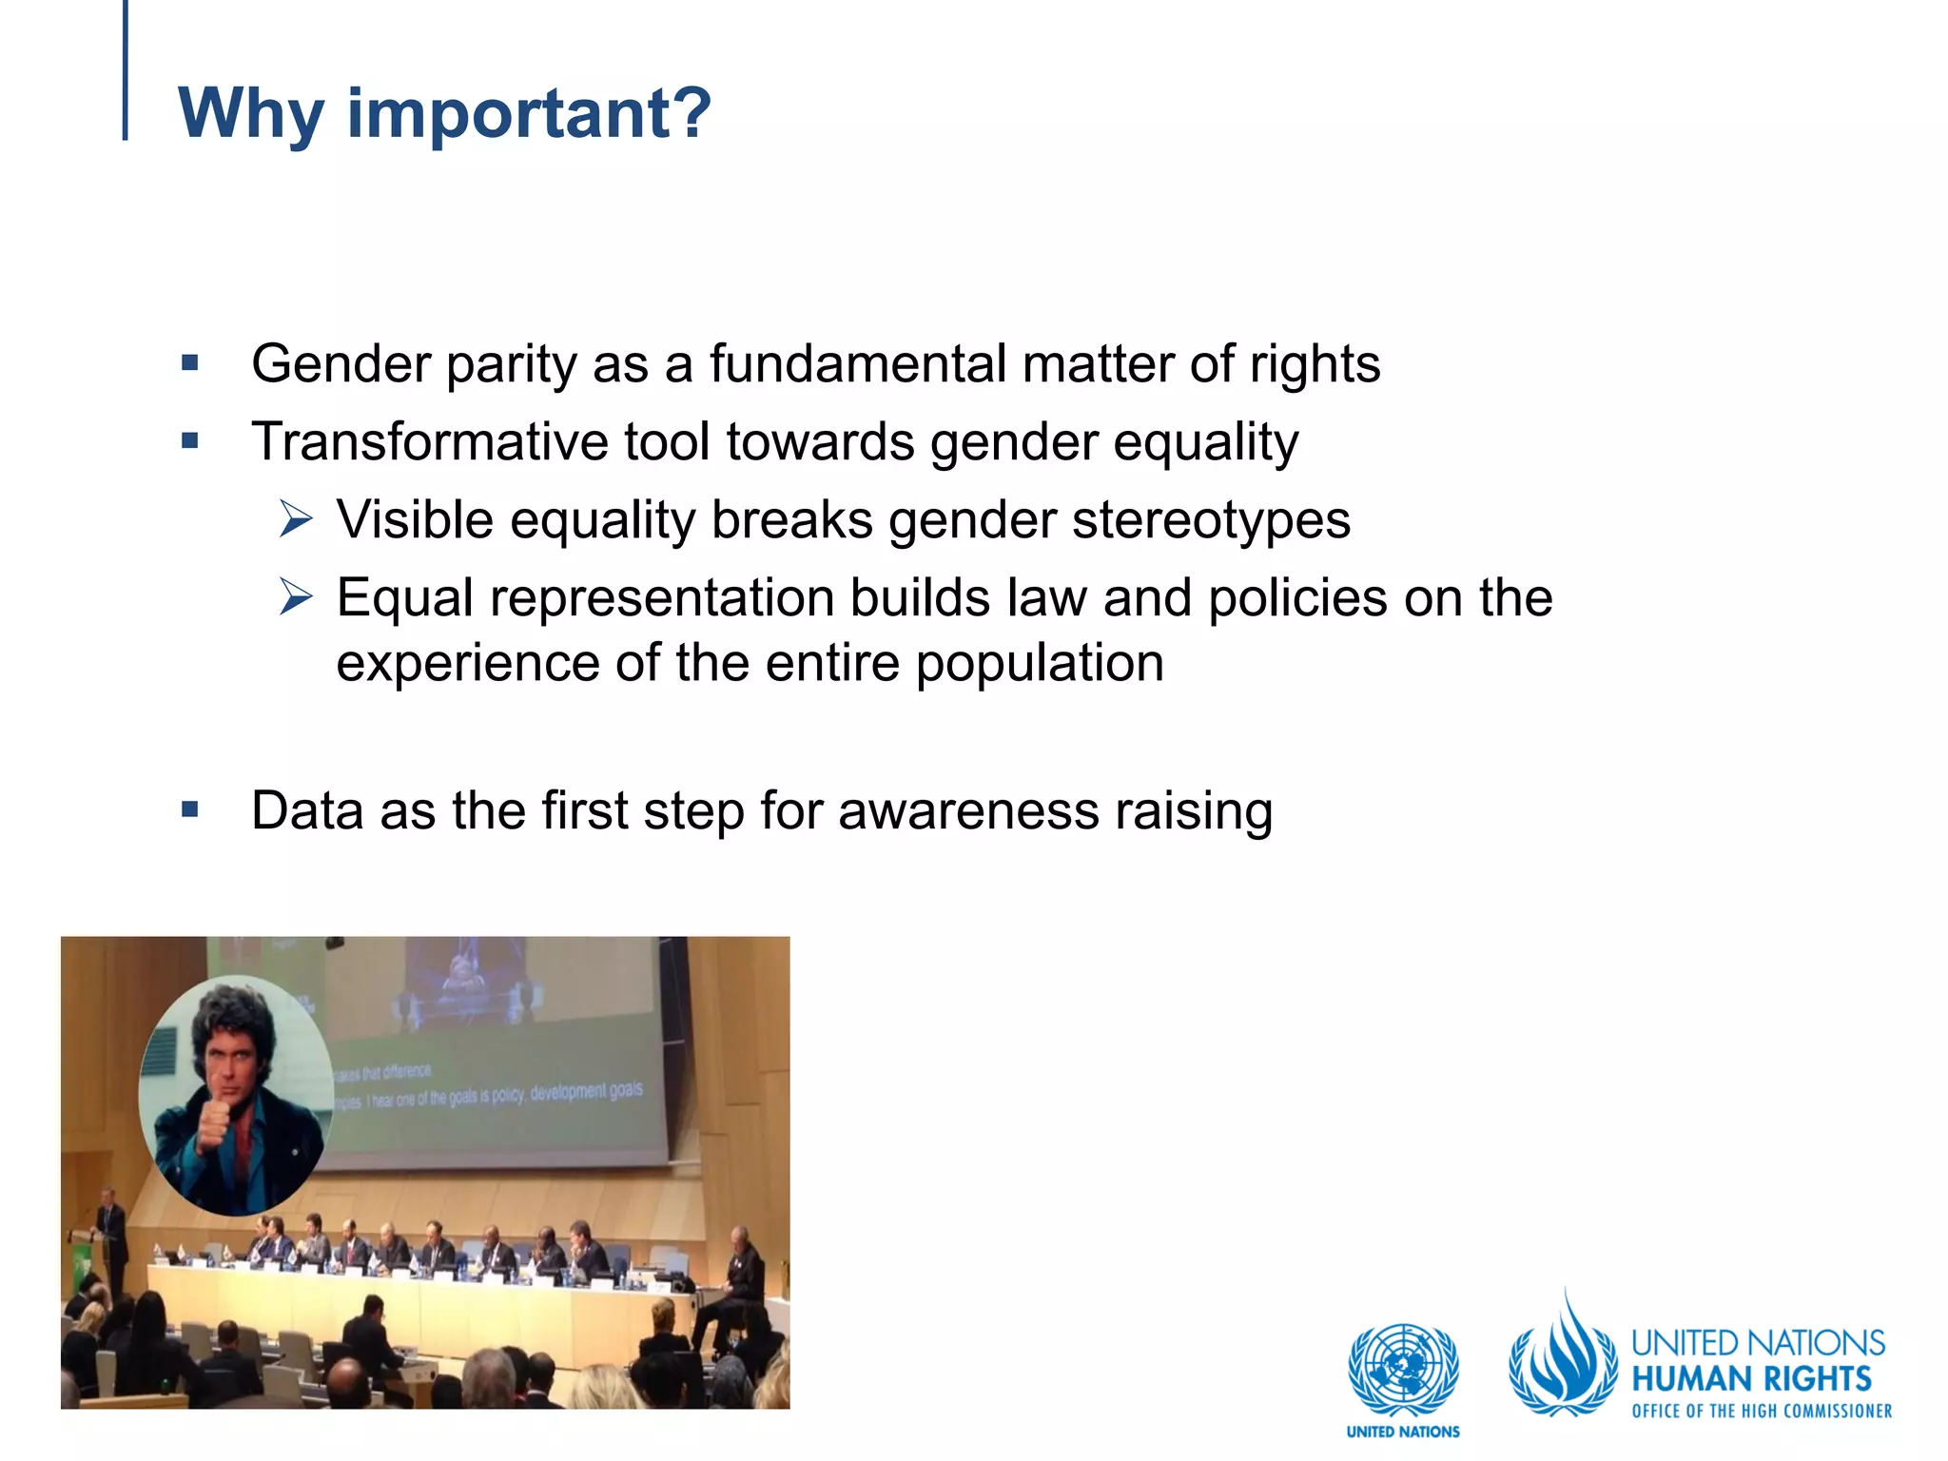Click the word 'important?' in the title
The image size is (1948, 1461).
click(x=529, y=113)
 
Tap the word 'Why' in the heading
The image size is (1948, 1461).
click(x=250, y=113)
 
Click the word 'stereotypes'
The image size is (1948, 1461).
click(x=1211, y=520)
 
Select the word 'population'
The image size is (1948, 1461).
click(x=1040, y=663)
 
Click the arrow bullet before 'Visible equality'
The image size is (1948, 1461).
click(x=296, y=520)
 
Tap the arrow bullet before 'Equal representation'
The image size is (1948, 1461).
click(x=296, y=598)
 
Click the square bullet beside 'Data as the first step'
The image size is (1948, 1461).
click(x=190, y=810)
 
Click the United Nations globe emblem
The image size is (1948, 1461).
click(x=1403, y=1370)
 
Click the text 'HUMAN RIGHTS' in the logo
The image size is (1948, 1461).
click(x=1751, y=1379)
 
